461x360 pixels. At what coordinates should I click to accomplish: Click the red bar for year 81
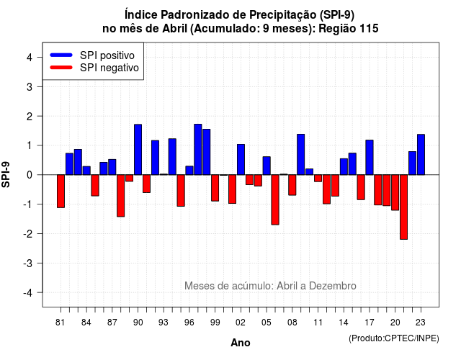coord(61,192)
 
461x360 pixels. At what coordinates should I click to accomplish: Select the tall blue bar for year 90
coord(138,150)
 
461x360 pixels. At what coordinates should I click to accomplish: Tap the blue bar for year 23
coord(421,155)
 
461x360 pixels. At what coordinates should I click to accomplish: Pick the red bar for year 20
coord(395,192)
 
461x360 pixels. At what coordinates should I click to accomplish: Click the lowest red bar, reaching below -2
coord(403,207)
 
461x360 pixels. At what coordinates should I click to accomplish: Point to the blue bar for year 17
coord(370,158)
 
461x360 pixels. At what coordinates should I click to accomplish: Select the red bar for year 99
coord(215,188)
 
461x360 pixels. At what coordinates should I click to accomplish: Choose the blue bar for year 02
coord(241,160)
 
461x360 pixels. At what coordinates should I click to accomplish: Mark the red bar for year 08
coord(292,185)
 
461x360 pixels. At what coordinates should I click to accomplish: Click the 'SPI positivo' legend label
coord(107,55)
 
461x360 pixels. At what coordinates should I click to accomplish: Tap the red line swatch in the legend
coord(61,68)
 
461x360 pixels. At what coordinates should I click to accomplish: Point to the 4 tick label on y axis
coord(30,58)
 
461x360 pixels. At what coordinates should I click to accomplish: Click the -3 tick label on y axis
coord(28,264)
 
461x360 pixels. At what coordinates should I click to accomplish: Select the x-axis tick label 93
coord(164,323)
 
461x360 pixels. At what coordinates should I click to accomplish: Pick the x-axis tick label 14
coord(343,323)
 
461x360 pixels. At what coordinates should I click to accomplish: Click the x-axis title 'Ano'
coord(241,343)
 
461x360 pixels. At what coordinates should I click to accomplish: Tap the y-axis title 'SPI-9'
coord(6,175)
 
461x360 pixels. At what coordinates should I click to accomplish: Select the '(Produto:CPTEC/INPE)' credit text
coord(394,338)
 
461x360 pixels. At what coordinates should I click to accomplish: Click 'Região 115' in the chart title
coord(349,29)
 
